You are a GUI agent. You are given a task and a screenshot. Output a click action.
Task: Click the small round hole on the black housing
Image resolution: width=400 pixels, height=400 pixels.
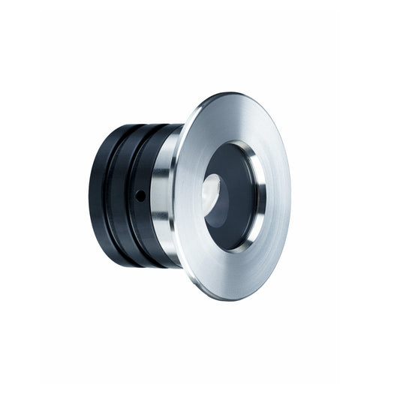(x=140, y=195)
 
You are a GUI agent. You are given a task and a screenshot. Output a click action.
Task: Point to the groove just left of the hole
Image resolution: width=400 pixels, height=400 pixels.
(x=130, y=197)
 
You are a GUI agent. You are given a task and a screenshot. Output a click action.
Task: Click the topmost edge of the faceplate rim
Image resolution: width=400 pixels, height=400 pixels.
(x=225, y=93)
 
